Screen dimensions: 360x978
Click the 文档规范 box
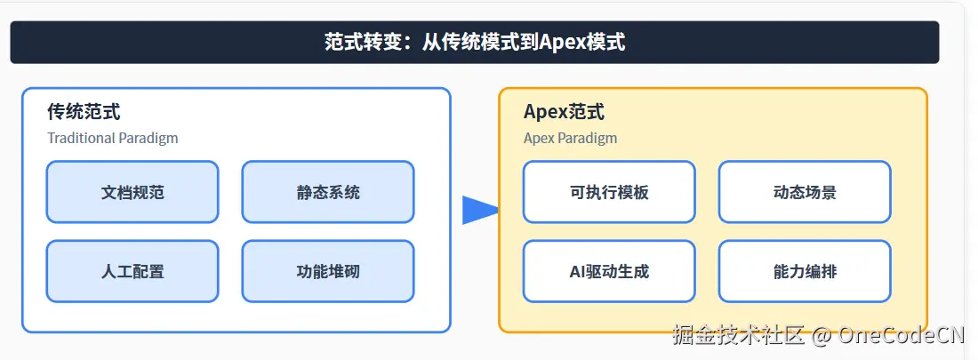(132, 192)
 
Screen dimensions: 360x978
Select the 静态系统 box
(327, 192)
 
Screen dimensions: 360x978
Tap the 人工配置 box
(132, 271)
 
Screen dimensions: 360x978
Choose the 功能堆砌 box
(327, 271)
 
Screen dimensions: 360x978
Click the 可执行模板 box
(609, 192)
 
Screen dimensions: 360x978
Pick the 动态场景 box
(805, 192)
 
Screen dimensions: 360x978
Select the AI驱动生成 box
(609, 271)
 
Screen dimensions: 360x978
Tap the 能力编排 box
(805, 271)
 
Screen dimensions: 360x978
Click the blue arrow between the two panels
(478, 210)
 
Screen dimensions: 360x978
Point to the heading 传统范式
(84, 112)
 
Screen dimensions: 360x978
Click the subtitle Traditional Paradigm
(112, 138)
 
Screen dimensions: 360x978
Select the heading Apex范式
(564, 112)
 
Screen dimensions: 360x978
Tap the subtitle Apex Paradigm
(570, 138)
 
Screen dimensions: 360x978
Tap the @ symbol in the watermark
(822, 335)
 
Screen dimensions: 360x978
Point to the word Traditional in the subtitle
(81, 138)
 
